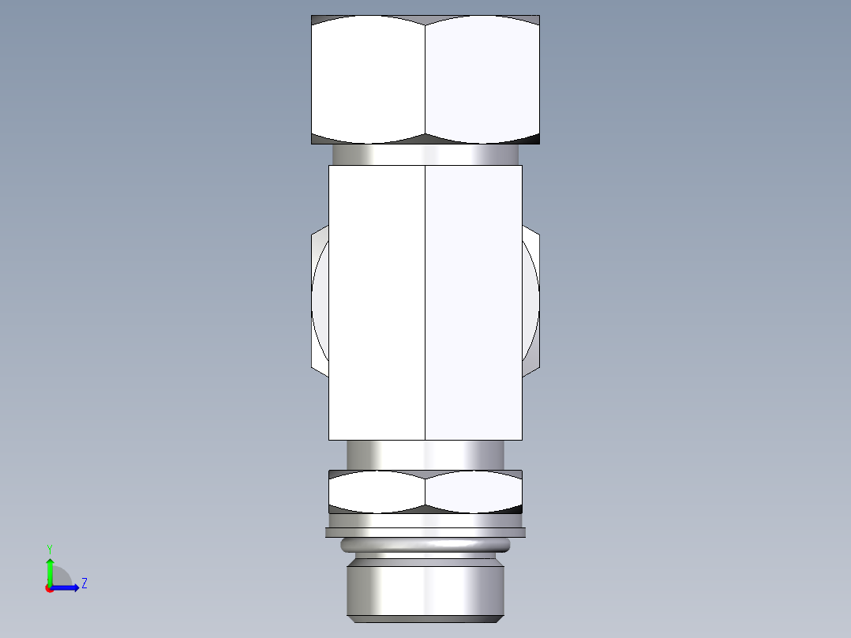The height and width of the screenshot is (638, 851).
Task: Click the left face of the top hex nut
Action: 368,79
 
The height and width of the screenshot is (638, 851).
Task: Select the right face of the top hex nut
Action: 482,79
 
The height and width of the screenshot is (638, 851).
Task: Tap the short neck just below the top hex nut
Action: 425,155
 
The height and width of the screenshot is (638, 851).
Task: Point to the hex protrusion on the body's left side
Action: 320,300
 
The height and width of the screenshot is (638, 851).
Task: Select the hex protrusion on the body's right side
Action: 531,300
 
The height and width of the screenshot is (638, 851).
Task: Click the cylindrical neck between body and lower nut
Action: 425,455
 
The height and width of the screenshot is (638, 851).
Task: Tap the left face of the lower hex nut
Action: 377,492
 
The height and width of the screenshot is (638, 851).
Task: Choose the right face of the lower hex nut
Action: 474,492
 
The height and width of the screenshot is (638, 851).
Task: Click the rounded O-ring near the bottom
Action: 425,546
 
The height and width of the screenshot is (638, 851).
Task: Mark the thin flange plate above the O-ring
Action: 425,533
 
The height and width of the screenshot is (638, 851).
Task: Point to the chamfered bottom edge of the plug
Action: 425,617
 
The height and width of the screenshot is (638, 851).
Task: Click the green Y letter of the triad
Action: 49,548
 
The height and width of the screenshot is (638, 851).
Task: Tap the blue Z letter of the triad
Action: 84,584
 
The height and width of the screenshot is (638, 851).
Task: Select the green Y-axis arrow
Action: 50,570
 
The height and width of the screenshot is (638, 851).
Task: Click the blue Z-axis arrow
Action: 68,587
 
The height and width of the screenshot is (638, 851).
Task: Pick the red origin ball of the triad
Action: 49,588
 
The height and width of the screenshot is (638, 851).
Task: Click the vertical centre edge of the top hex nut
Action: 425,79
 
